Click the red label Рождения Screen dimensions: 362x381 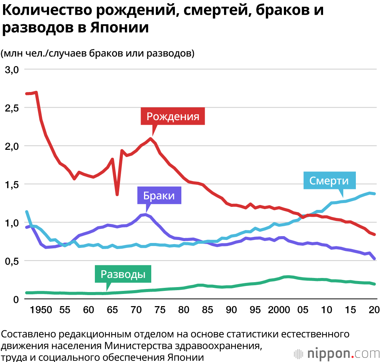pos(173,116)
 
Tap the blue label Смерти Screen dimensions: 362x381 pos(329,181)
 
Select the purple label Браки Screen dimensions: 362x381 pos(159,195)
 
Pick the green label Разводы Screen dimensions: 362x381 pos(123,274)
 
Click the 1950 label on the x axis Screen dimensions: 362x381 pos(41,310)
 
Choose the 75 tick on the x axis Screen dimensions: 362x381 pos(160,310)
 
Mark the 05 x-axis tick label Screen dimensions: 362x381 pos(303,310)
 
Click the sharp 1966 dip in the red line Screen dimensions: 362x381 pos(117,195)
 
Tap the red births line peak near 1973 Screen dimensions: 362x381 pos(151,138)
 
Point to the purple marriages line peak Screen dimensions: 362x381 pos(146,214)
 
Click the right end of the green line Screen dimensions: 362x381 pos(375,284)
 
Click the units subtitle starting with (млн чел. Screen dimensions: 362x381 pos(98,53)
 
